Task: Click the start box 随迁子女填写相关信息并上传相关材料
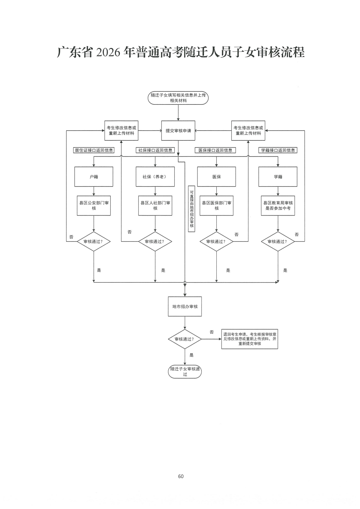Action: (178, 98)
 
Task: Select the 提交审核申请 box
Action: (178, 131)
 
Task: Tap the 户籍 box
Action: (94, 177)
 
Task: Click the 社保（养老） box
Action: (155, 177)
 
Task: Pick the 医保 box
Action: (216, 177)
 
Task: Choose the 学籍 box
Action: (278, 177)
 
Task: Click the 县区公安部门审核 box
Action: (94, 206)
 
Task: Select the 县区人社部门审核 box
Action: (155, 206)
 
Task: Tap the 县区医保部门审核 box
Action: (216, 206)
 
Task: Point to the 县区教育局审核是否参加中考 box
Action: (278, 206)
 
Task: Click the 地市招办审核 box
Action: (185, 306)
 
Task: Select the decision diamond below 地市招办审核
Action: (185, 339)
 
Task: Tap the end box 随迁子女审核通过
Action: (185, 372)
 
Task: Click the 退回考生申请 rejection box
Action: (250, 339)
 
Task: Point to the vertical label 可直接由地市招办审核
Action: (192, 209)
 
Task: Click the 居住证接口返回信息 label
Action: (94, 150)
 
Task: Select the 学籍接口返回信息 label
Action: (278, 150)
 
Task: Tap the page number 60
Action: (181, 476)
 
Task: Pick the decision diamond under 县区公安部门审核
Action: (94, 241)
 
